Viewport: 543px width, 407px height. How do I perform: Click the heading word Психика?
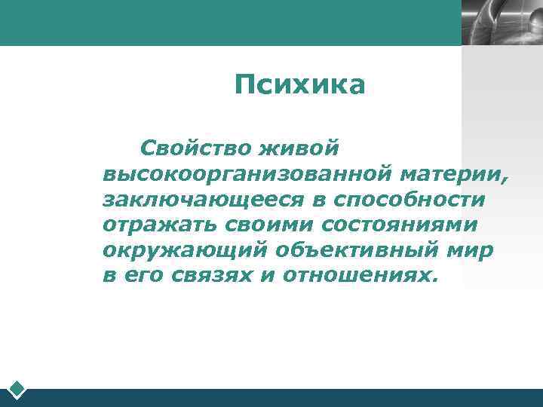pyautogui.click(x=299, y=85)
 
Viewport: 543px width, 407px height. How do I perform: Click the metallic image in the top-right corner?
pyautogui.click(x=502, y=23)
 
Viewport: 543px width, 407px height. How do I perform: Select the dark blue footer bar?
pyautogui.click(x=287, y=398)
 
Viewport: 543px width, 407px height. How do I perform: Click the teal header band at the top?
pyautogui.click(x=226, y=23)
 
